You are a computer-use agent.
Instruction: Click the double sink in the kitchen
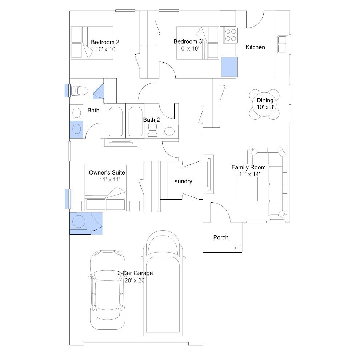283,44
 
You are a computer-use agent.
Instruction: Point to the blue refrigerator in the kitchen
229,67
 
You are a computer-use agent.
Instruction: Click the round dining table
264,104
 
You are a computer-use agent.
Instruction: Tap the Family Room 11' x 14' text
248,171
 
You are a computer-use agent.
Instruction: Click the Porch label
221,237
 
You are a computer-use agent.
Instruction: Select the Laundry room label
181,181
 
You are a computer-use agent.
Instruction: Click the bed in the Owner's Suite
105,195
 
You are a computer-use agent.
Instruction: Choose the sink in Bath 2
169,131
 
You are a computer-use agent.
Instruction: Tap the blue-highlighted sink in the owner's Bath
77,129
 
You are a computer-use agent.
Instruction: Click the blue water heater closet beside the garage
79,221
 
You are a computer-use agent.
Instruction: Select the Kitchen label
255,47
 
